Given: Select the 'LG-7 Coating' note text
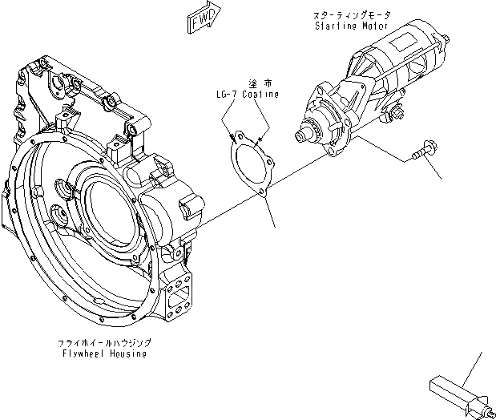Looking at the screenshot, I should [248, 94].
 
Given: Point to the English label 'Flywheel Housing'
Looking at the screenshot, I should [103, 352].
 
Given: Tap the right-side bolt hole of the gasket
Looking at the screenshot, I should [272, 166].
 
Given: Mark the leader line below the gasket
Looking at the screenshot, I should [272, 212].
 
